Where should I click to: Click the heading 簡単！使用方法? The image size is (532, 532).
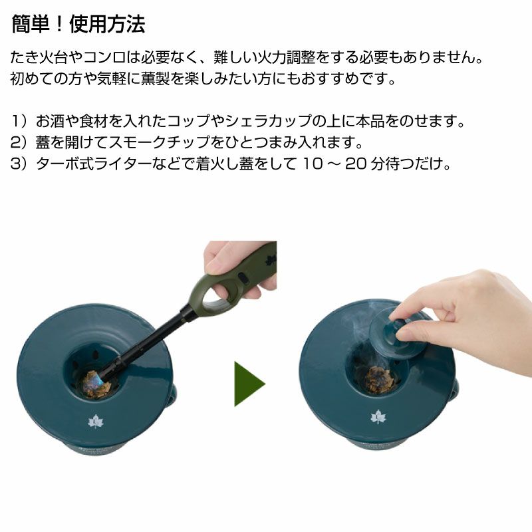78,25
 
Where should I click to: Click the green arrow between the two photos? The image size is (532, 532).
249,384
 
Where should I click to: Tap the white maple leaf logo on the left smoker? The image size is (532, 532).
95,422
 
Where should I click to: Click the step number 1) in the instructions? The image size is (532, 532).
18,121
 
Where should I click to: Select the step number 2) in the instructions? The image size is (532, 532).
18,142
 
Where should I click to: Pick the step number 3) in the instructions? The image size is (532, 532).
18,164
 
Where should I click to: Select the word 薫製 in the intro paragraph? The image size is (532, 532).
156,78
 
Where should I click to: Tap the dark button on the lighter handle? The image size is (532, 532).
243,277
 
